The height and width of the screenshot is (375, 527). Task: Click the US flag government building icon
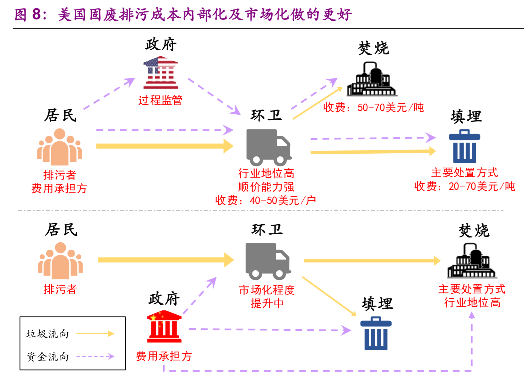click(161, 73)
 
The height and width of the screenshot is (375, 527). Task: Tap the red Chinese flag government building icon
click(164, 326)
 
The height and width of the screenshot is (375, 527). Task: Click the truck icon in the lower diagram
click(268, 261)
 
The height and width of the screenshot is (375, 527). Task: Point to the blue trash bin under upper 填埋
click(465, 146)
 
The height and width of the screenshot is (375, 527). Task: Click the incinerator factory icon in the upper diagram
click(372, 79)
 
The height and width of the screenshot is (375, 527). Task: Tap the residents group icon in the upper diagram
click(60, 147)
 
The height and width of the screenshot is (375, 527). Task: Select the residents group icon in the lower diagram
click(60, 261)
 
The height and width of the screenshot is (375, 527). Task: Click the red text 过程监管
click(160, 100)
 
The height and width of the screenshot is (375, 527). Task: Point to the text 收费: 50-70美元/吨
click(373, 108)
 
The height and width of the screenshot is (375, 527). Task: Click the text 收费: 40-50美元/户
click(265, 200)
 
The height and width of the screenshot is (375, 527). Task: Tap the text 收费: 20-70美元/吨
click(465, 186)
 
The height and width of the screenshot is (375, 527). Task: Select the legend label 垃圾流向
click(48, 334)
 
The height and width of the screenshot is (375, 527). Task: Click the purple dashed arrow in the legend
click(95, 356)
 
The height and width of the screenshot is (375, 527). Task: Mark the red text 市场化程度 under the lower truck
click(267, 290)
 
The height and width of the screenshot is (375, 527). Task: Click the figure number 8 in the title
click(37, 14)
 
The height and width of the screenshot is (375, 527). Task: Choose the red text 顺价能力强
click(266, 187)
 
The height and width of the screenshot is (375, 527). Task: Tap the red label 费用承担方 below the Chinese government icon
click(164, 356)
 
